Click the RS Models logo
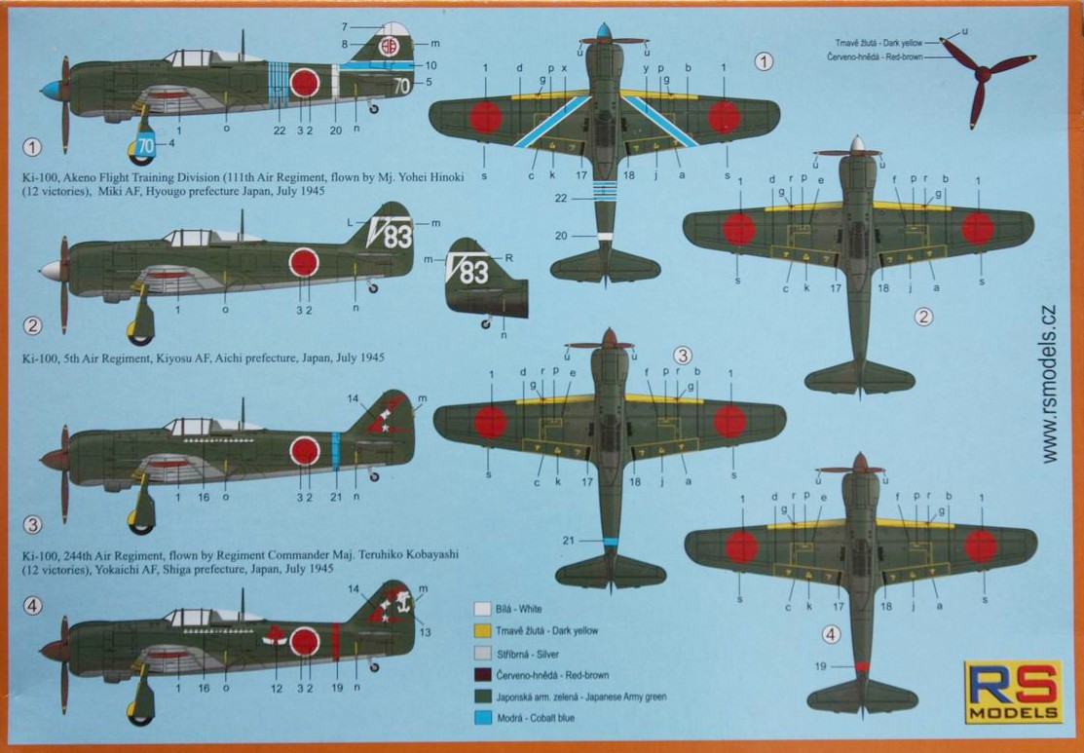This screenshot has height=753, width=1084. pos(1013,693)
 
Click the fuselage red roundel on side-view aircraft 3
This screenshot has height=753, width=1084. pos(306,451)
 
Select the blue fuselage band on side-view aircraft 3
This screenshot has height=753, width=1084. pos(335,451)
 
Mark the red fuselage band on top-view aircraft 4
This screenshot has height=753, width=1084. pos(862,666)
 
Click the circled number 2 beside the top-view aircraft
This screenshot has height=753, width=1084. pos(924,316)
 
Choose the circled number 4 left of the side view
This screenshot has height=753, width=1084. pos(32,606)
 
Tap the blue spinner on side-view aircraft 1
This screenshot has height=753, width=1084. pos(47,90)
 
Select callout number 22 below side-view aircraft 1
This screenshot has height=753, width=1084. pos(280,130)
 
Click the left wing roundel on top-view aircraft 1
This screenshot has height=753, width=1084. pos(485,117)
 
